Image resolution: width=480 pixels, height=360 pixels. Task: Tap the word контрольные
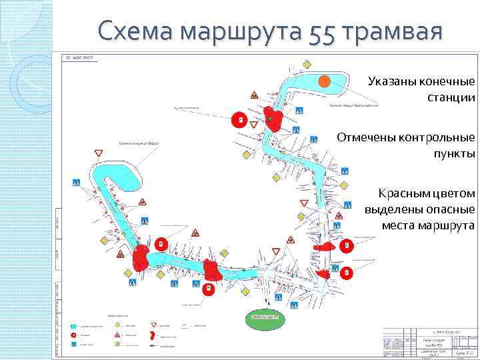pos(435,137)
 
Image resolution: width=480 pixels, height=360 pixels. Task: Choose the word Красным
pos(406,193)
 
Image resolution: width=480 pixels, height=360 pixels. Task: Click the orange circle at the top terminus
pos(324,81)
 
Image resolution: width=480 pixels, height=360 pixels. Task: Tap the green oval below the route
pos(265,319)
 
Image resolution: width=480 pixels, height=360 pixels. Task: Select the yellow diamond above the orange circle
pos(307,65)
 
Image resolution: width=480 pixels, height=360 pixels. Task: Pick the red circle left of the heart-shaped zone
pos(237,120)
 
